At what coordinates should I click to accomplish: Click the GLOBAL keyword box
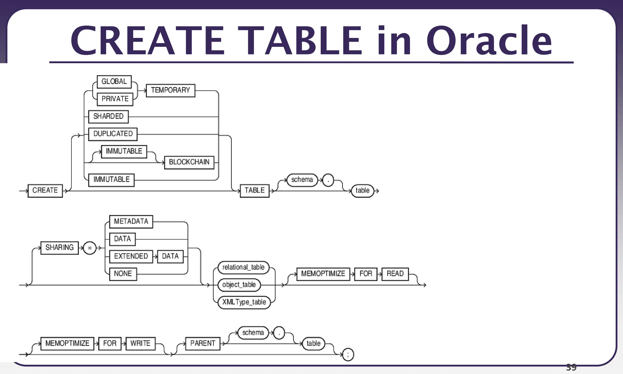coord(114,82)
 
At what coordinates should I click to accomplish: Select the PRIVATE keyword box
coord(115,99)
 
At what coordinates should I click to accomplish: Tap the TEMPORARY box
coord(170,90)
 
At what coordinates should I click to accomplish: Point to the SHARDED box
coord(108,117)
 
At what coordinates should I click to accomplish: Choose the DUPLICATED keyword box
coord(113,134)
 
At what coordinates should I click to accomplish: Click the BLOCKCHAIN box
coord(189,162)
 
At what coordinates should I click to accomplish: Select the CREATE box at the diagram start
coord(45,190)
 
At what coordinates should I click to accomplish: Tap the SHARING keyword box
coord(59,248)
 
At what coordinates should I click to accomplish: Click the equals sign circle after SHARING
coord(90,248)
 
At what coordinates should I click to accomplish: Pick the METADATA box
coord(131,222)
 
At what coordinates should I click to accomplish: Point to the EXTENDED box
coord(131,256)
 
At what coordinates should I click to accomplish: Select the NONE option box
coord(123,274)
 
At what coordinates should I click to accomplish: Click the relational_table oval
coord(243,267)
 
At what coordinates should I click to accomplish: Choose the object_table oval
coord(239,285)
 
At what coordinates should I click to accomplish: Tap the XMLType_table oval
coord(244,302)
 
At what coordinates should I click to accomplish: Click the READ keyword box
coord(395,274)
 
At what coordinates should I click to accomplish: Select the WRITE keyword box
coord(140,344)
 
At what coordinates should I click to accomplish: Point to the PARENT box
coord(203,344)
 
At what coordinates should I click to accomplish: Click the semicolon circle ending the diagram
coord(348,355)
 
